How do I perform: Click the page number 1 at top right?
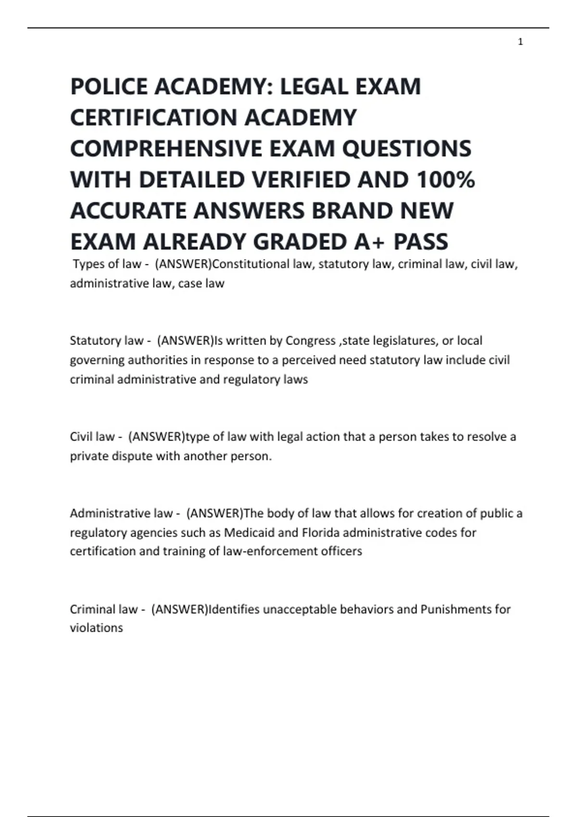520,42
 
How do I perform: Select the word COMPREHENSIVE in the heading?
166,149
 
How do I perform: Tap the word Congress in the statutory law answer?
311,341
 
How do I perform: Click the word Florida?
320,532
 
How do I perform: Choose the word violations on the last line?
96,628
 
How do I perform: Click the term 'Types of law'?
107,264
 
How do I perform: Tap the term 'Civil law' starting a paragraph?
92,437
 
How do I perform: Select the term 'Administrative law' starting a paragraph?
121,513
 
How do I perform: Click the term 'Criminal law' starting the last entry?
103,609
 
